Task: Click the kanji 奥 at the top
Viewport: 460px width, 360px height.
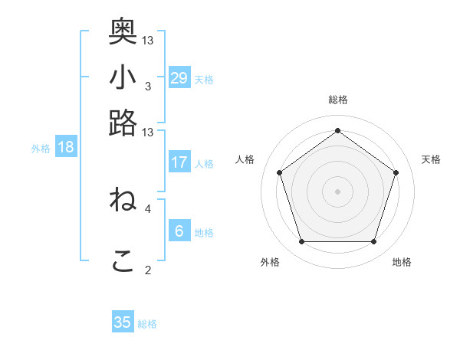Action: click(123, 31)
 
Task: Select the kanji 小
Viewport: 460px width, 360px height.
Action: click(123, 77)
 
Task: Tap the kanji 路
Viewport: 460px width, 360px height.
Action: click(123, 123)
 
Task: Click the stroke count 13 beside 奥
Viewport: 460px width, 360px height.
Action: click(148, 40)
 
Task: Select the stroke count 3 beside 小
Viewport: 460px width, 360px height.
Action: click(147, 86)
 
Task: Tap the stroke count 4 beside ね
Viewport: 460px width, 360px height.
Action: click(147, 208)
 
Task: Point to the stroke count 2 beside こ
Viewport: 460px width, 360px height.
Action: click(147, 270)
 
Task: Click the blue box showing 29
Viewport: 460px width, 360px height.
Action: click(179, 77)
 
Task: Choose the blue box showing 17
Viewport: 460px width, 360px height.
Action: click(179, 162)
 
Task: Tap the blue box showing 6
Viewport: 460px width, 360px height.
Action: click(179, 231)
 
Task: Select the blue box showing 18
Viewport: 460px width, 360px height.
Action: click(66, 147)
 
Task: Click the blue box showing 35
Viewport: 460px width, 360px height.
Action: click(123, 322)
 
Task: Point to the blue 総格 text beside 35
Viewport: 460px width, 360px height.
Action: click(147, 324)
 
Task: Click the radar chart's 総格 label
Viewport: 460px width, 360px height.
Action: click(338, 100)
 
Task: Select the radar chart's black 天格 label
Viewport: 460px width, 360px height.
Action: click(431, 159)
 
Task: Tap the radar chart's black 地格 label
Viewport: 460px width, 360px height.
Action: click(402, 262)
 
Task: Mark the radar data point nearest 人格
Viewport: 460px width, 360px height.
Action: click(280, 172)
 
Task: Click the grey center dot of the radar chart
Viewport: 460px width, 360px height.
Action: click(338, 191)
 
